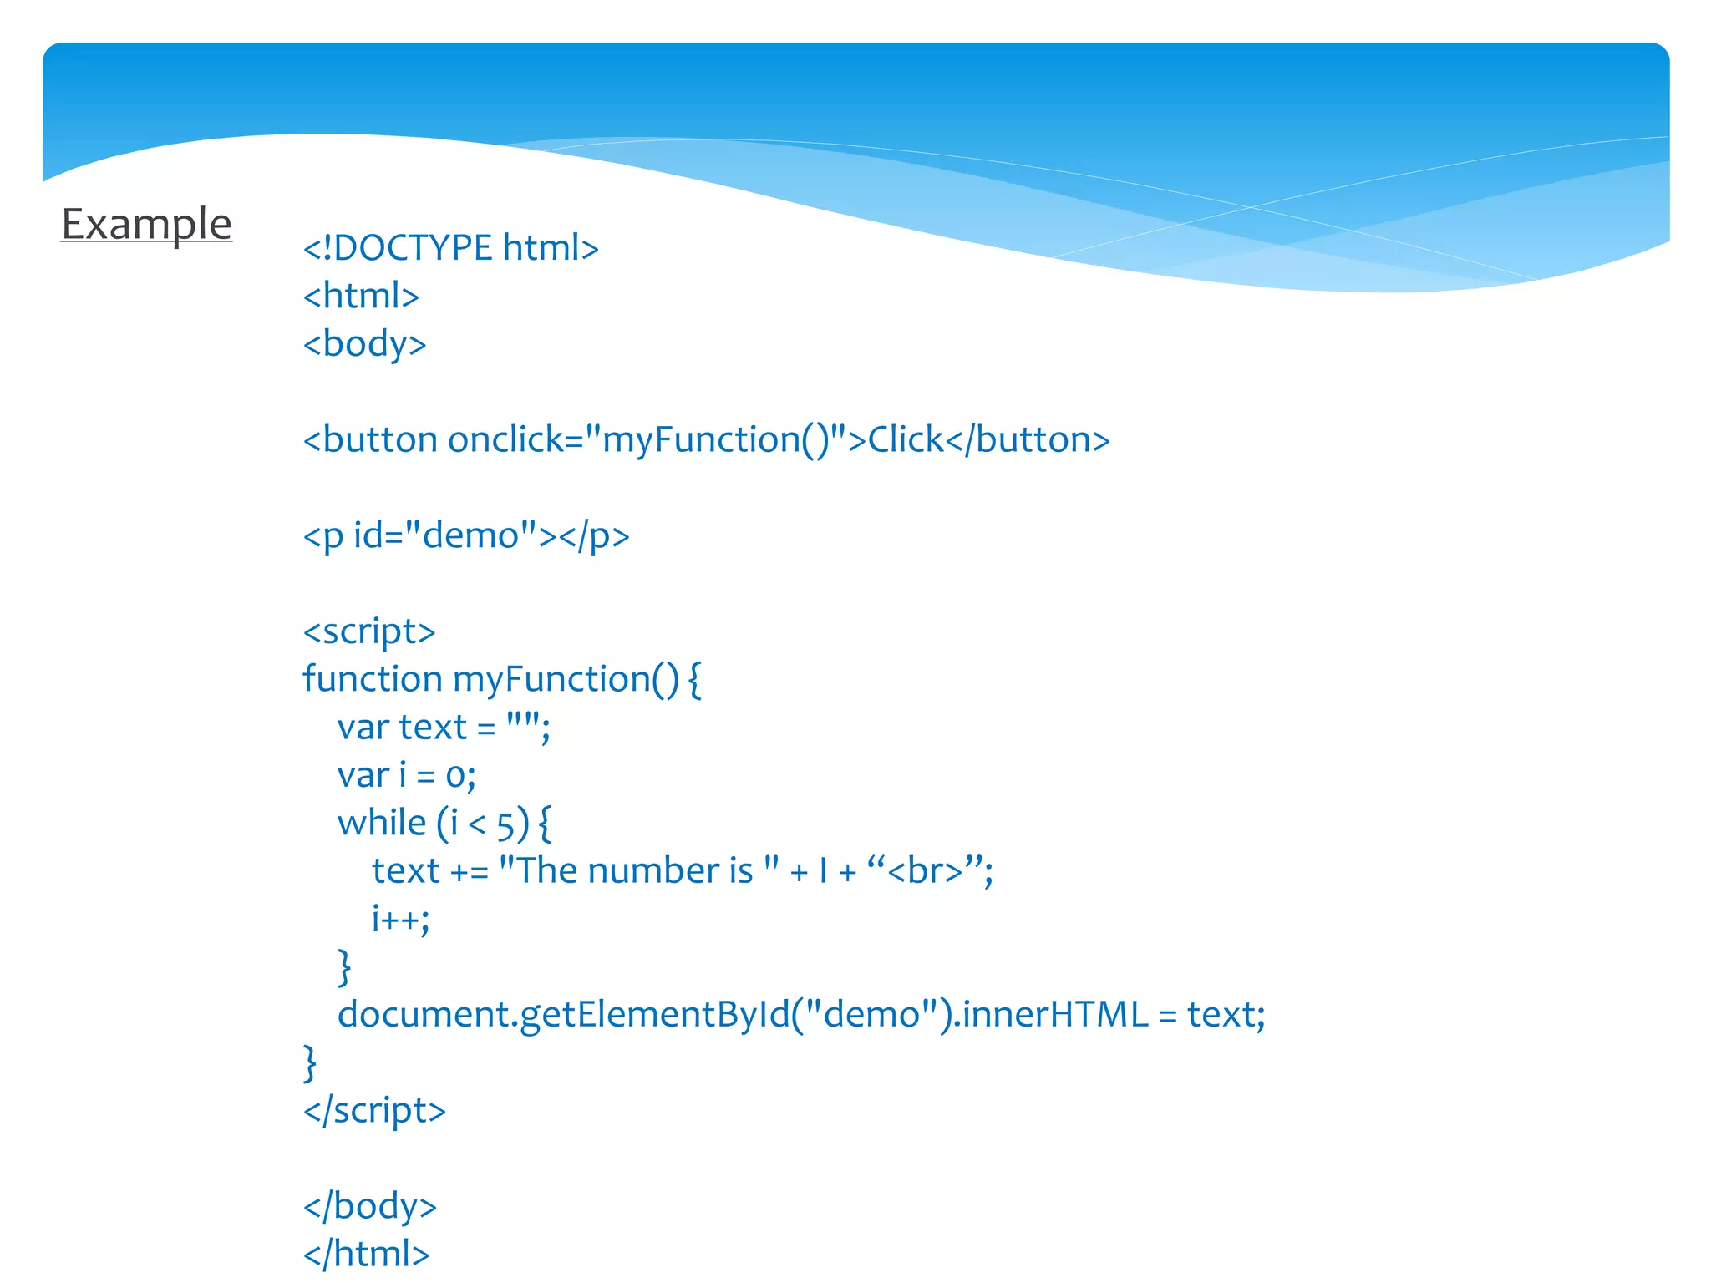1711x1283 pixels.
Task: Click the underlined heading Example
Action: (x=146, y=224)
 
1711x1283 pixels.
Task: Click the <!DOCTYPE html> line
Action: (x=450, y=248)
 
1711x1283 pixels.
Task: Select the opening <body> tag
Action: (x=364, y=344)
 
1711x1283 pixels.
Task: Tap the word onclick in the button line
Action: (x=505, y=440)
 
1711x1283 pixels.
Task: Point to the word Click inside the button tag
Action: (x=906, y=440)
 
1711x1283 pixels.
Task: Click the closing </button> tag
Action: (x=1028, y=440)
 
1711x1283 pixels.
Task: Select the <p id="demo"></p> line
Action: (x=465, y=536)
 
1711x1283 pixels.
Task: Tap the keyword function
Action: (x=372, y=679)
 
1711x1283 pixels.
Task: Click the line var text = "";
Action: (x=444, y=728)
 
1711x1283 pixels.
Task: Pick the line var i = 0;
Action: (x=406, y=776)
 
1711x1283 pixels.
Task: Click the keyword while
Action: (x=382, y=824)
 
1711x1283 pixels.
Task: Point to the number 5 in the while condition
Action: (x=505, y=826)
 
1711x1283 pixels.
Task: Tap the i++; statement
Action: (x=400, y=919)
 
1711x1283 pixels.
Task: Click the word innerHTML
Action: (x=1054, y=1015)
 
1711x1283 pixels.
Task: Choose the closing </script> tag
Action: (x=374, y=1111)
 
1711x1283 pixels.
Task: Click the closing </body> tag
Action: (x=370, y=1207)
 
